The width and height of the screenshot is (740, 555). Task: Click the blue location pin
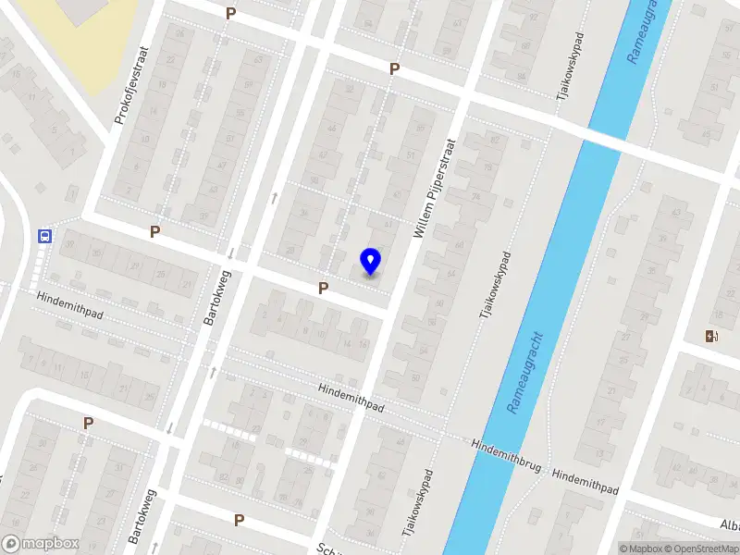point(370,262)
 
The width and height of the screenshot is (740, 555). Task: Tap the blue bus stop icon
point(44,235)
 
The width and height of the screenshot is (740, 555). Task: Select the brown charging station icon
point(710,336)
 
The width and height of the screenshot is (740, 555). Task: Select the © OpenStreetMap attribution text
point(702,549)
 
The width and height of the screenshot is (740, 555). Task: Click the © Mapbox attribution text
point(640,549)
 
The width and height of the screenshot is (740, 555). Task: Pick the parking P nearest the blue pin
point(323,289)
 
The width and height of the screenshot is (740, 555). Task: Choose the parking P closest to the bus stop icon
point(154,231)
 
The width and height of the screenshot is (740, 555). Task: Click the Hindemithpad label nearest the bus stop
point(69,306)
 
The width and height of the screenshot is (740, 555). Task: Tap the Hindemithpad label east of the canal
point(585,480)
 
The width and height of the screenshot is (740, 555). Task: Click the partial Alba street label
point(729,524)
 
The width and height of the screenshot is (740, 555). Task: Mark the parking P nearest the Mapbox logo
point(88,423)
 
